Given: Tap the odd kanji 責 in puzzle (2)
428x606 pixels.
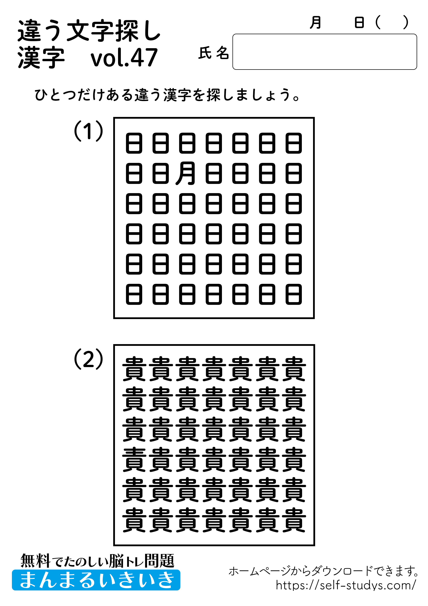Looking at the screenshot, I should pyautogui.click(x=134, y=460).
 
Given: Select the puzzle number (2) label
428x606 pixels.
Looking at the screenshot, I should pyautogui.click(x=88, y=359).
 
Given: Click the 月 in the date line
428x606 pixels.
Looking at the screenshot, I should pyautogui.click(x=315, y=22).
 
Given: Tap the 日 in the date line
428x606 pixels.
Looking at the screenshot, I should pyautogui.click(x=359, y=22).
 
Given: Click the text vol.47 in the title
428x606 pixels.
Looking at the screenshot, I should pyautogui.click(x=124, y=57).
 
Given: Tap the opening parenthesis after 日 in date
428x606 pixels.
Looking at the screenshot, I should pyautogui.click(x=378, y=22).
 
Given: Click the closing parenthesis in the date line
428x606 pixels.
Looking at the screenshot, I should pyautogui.click(x=406, y=22).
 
